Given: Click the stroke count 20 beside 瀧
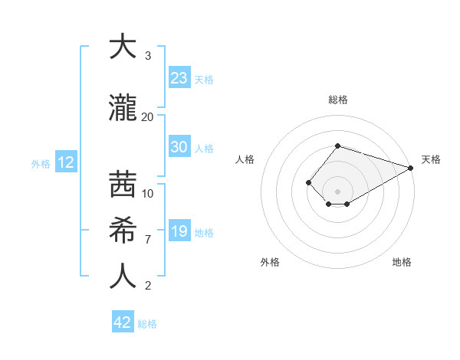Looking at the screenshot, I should pyautogui.click(x=147, y=116).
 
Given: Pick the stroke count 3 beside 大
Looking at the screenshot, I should pyautogui.click(x=147, y=56).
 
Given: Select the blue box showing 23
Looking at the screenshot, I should pyautogui.click(x=179, y=78).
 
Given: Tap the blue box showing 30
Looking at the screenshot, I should pyautogui.click(x=179, y=147).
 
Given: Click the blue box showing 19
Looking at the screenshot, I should pyautogui.click(x=179, y=231).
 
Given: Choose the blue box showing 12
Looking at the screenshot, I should pyautogui.click(x=65, y=162).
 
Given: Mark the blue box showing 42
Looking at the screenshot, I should pyautogui.click(x=123, y=322).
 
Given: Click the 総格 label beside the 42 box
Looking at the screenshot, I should pyautogui.click(x=147, y=324).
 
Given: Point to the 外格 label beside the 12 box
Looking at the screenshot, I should pyautogui.click(x=41, y=163).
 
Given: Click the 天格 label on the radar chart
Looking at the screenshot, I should pyautogui.click(x=431, y=159).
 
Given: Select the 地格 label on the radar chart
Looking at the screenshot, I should pyautogui.click(x=402, y=262).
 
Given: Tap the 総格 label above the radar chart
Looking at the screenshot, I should pyautogui.click(x=337, y=100).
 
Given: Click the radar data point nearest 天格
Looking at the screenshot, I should pyautogui.click(x=412, y=168).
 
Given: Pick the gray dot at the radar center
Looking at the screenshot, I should pyautogui.click(x=337, y=191).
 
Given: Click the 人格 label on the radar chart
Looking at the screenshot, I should pyautogui.click(x=245, y=159).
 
